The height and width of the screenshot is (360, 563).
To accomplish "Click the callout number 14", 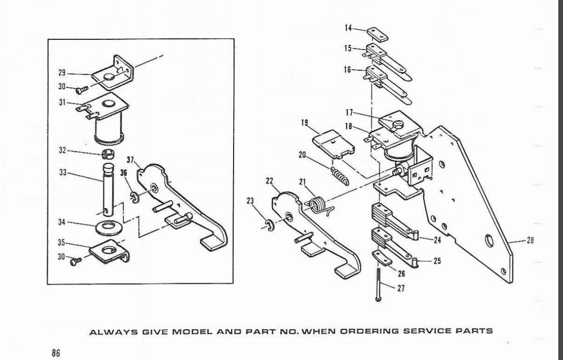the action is (349, 28).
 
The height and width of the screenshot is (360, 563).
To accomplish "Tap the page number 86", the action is (56, 353).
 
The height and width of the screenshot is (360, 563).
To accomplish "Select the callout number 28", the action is (530, 240).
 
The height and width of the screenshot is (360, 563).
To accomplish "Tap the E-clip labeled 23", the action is (270, 225).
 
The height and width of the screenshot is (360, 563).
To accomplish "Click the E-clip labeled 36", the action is (135, 197).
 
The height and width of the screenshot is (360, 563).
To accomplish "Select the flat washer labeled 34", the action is (109, 228).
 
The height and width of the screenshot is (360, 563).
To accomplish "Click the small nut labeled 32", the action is (108, 154).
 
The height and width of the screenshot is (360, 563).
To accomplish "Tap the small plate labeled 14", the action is (377, 34).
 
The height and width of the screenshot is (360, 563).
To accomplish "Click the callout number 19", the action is (304, 123).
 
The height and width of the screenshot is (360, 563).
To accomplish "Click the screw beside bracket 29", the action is (82, 90).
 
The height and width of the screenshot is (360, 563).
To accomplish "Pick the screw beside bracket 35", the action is (76, 261).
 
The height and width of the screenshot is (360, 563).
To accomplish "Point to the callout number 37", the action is (130, 160).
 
